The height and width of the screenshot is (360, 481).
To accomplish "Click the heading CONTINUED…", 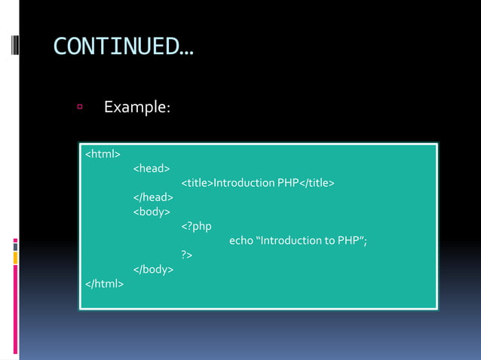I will [x=123, y=47].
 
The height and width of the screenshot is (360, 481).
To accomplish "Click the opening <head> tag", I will [x=152, y=169].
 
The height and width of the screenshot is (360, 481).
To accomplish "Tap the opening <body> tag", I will [x=152, y=212].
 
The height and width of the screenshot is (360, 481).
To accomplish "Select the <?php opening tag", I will [x=196, y=226].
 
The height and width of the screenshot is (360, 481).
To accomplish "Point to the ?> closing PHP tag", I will [x=187, y=255].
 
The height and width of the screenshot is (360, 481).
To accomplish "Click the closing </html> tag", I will [x=105, y=283].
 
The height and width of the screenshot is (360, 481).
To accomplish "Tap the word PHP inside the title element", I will [x=288, y=183].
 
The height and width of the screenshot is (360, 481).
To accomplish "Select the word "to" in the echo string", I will [x=332, y=240].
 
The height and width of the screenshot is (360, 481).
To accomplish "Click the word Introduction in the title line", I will [x=244, y=183].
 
